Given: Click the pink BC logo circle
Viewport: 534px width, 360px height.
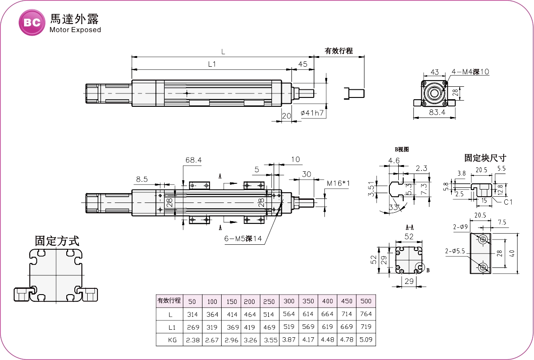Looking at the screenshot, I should pos(32,22).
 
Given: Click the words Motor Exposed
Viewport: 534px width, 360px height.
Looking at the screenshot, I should pos(75,30).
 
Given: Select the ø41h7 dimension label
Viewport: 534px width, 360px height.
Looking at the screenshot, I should pos(312,113).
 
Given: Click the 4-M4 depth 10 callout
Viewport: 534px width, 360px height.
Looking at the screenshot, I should pos(470,72).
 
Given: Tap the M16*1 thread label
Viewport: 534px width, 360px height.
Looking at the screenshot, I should pos(338,183).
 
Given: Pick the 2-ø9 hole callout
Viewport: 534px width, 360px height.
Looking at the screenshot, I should pos(461,227).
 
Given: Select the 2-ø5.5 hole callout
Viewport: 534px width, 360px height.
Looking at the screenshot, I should pos(455,251).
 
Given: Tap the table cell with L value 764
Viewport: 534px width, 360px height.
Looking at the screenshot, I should pos(366,314).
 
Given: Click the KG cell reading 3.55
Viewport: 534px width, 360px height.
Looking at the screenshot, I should pos(270,340).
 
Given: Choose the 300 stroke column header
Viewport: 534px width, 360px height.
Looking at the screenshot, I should pos(289,301).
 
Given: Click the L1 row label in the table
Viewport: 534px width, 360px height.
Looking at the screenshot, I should pos(170,327).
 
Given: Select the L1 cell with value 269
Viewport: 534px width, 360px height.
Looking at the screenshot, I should pos(192,327).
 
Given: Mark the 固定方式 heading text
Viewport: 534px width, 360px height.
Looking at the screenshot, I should pos(57,241).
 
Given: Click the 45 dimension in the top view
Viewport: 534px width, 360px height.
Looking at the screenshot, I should pos(303,64).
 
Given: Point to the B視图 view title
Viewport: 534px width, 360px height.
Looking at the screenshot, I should pos(401,150).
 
